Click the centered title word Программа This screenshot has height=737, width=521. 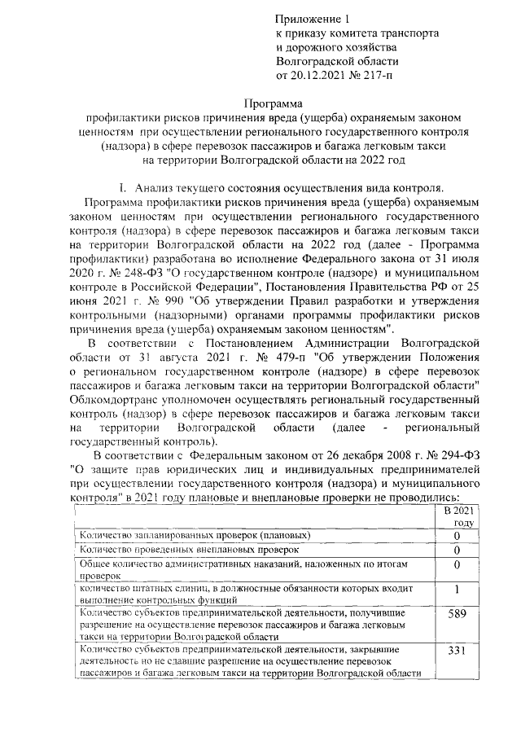click(274, 103)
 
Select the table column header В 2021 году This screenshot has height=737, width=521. click(457, 516)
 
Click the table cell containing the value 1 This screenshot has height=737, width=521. click(457, 588)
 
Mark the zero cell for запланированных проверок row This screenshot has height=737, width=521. click(457, 536)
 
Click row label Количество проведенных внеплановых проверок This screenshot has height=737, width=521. click(184, 550)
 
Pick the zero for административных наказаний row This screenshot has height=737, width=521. click(457, 564)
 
